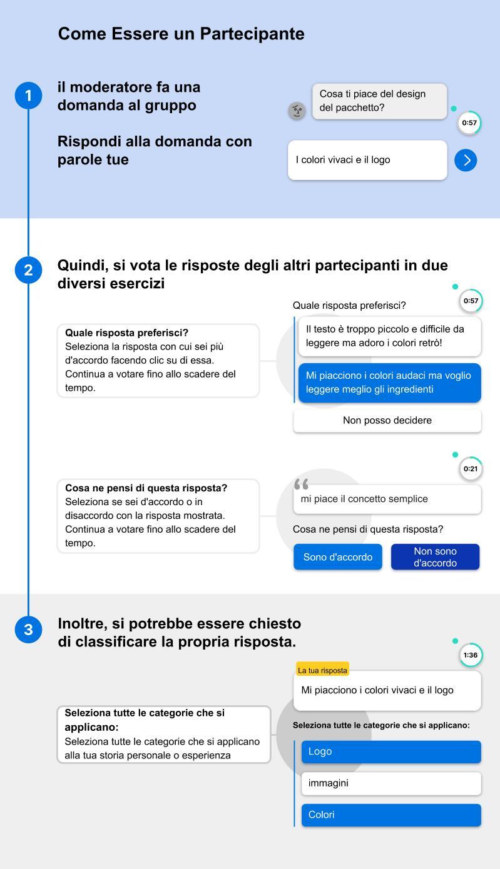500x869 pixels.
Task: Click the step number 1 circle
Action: (x=28, y=96)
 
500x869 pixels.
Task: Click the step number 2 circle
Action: (x=28, y=270)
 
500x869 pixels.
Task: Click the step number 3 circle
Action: (x=28, y=630)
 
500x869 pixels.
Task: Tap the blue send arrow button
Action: (x=466, y=161)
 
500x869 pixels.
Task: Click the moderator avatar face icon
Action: (x=297, y=111)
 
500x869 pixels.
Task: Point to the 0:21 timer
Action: (x=471, y=469)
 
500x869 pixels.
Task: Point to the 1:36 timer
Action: (x=471, y=655)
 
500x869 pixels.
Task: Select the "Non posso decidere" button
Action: (x=387, y=421)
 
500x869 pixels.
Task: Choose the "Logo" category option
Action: (x=391, y=751)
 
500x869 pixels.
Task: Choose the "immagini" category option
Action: (x=391, y=783)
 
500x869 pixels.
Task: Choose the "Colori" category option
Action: (x=391, y=815)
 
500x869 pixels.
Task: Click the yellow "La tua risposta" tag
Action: (x=322, y=670)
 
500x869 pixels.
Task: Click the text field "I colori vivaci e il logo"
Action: (x=367, y=160)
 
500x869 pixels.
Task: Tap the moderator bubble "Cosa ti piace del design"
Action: (x=379, y=101)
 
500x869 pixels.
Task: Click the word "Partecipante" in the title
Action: (x=252, y=34)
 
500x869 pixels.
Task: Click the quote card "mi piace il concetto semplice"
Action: (x=387, y=499)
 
